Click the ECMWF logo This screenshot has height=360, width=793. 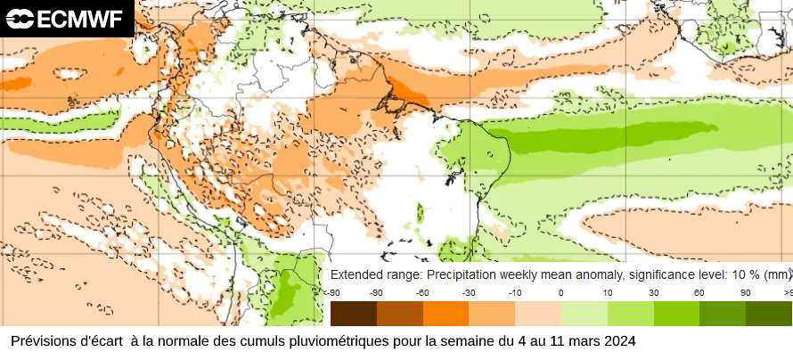67,18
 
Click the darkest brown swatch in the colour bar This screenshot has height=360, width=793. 353,314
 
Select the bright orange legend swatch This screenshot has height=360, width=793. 446,314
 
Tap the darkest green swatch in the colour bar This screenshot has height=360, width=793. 768,314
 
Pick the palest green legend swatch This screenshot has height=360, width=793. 584,314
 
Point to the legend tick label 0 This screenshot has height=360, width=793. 560,292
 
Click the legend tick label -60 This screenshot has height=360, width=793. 422,292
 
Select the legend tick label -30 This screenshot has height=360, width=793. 469,292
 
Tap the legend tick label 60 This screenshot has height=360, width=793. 699,292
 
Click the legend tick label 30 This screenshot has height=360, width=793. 653,292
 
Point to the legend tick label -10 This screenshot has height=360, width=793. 514,292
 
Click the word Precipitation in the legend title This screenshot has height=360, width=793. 456,274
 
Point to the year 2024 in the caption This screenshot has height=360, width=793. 619,341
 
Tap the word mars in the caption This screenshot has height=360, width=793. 583,341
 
